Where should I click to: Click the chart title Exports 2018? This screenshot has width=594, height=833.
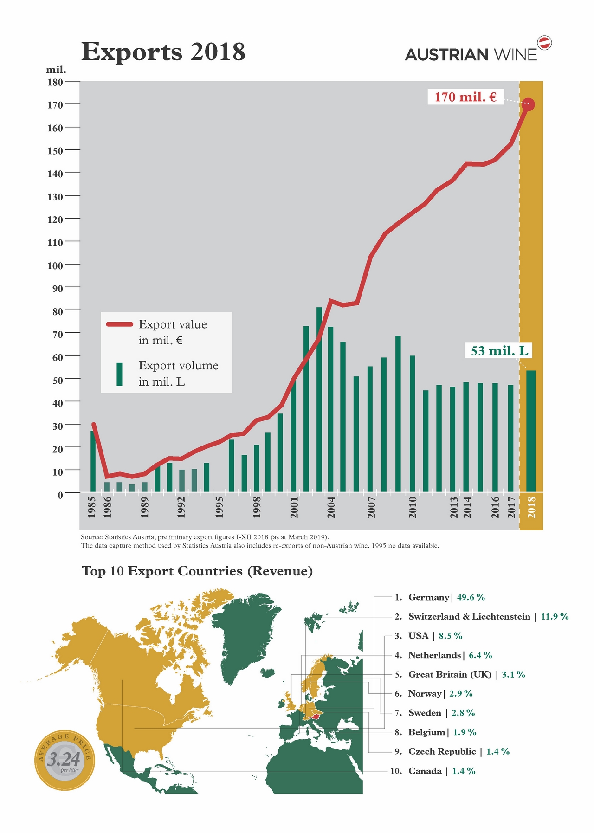click(x=163, y=52)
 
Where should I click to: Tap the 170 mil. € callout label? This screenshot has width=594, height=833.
click(x=465, y=97)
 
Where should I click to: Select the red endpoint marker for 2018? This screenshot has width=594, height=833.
click(x=528, y=104)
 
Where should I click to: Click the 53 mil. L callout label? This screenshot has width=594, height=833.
click(x=499, y=351)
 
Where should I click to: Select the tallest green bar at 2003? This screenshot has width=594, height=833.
click(x=319, y=399)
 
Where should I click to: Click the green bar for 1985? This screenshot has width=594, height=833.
click(x=93, y=462)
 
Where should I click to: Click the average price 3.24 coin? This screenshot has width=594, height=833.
click(x=65, y=761)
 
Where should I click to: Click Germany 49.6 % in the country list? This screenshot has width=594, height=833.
click(x=446, y=597)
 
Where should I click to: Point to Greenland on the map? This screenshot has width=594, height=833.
click(x=246, y=636)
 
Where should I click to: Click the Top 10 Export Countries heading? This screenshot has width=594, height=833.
click(x=197, y=571)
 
